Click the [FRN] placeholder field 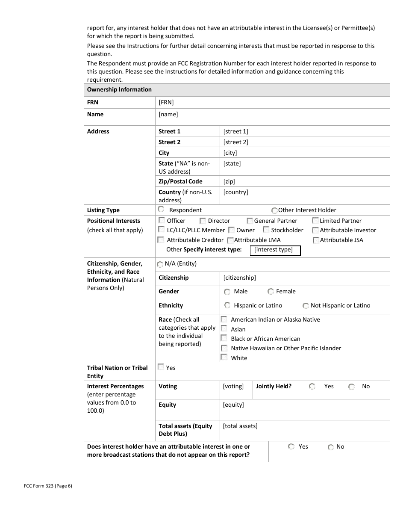coord(166,102)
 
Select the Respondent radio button coord(161,209)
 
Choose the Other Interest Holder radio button coord(274,210)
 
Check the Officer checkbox coord(162,220)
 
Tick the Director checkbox coord(203,221)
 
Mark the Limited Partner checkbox coord(315,221)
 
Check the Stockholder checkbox coord(266,230)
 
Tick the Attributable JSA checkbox coord(316,240)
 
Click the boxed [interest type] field coord(275,250)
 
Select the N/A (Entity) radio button coord(160,264)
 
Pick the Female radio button coord(271,292)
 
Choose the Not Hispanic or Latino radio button coord(306,306)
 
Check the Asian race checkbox coord(224,328)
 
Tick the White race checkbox coord(224,357)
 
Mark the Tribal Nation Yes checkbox coord(161,367)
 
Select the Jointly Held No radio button coord(351,387)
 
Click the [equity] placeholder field coord(233,405)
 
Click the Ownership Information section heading coord(119,89)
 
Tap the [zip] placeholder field coord(229,181)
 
